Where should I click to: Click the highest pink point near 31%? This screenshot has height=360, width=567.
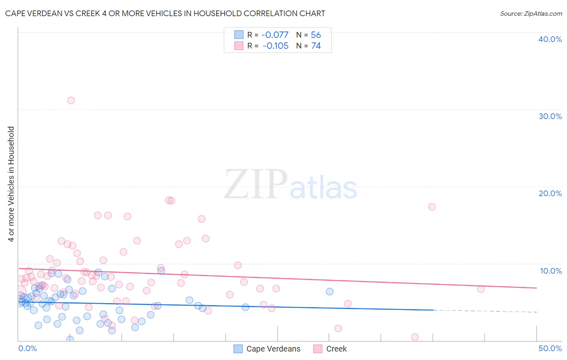[71, 100]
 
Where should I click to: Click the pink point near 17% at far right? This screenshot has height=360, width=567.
[432, 207]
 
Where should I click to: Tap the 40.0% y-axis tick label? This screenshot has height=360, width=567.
[550, 39]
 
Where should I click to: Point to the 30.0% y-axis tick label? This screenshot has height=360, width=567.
[550, 116]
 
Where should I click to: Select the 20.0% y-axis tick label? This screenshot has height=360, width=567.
[550, 193]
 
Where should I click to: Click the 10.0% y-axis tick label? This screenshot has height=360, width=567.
[551, 271]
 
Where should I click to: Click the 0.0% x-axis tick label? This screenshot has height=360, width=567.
[27, 348]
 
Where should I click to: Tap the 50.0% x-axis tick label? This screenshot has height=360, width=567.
[550, 348]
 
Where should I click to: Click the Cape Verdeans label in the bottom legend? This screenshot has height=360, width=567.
[273, 349]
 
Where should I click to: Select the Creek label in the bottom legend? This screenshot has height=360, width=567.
[336, 349]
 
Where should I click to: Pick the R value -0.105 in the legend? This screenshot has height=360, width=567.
[275, 46]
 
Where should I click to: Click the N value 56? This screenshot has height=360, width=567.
[316, 35]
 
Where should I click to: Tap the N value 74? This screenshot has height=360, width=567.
[316, 46]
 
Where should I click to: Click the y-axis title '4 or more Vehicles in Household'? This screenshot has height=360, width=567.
[11, 184]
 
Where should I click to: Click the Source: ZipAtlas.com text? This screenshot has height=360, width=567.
[531, 14]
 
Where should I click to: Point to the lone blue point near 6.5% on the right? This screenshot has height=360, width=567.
[329, 291]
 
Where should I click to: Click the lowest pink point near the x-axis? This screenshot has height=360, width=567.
[415, 337]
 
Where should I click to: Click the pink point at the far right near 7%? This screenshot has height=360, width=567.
[481, 289]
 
